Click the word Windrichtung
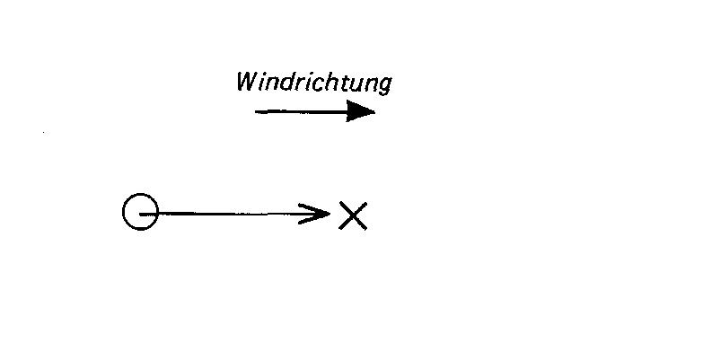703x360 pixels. [314, 83]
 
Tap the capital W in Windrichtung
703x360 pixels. [248, 81]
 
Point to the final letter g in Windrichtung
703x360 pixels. [383, 86]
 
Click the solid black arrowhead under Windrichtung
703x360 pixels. [360, 111]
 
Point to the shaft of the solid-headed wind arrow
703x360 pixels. [301, 111]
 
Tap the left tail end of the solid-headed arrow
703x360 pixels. [255, 111]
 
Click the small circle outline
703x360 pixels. [123, 212]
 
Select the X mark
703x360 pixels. [353, 215]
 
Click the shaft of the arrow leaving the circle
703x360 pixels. [233, 214]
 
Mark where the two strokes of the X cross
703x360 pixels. [353, 215]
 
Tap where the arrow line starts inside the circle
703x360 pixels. [140, 215]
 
